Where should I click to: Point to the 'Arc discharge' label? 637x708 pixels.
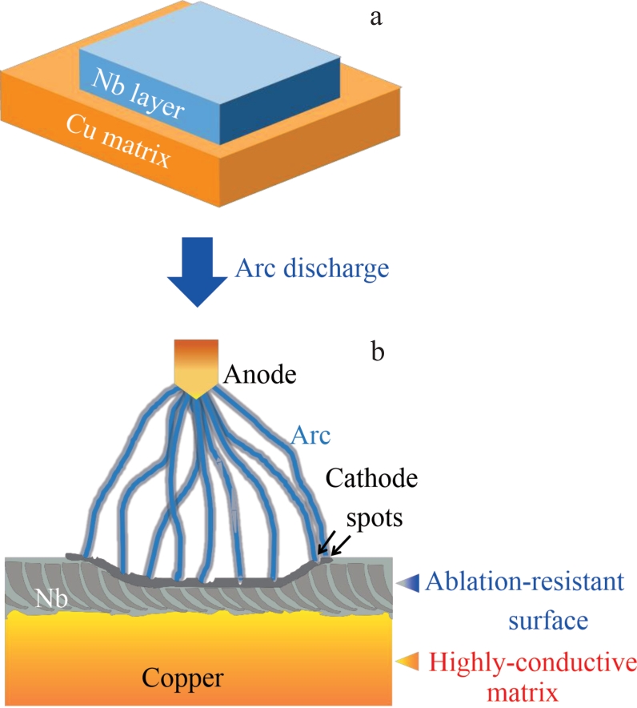click(312, 266)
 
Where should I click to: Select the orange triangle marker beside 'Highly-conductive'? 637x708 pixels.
click(408, 661)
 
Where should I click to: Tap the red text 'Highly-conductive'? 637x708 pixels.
click(532, 661)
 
